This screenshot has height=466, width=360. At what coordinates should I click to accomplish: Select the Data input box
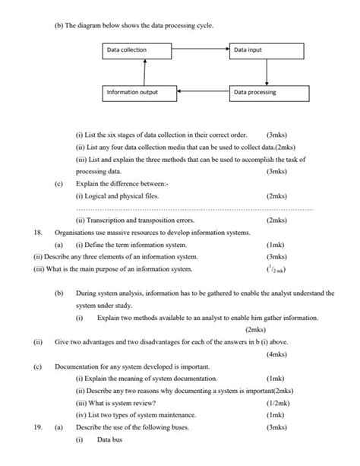coord(267,51)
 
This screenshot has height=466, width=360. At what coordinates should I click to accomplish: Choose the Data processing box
coord(270,93)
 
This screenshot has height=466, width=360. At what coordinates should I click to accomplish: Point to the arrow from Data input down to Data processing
coord(267,72)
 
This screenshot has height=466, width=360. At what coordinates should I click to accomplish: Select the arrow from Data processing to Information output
coord(204,93)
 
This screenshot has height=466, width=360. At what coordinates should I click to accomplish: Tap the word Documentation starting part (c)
coord(81,366)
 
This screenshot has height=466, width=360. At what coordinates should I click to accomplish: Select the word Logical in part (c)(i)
coord(99,195)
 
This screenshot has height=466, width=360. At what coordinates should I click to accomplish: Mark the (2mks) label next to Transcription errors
coord(276,220)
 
